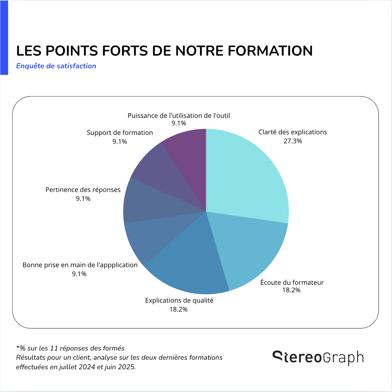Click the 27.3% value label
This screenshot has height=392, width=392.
293,141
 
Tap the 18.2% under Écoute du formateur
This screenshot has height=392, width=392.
291,290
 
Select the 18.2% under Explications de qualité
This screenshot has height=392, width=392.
178,309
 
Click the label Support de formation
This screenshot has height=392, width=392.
120,133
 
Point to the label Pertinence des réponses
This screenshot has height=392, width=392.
83,190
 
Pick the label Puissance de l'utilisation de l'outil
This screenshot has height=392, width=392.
179,116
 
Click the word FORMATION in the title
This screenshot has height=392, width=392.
270,51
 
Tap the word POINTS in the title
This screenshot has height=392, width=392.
72,51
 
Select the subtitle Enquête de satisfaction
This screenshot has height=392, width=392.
56,66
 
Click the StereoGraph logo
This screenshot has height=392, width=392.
318,358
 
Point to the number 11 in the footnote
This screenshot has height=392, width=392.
54,348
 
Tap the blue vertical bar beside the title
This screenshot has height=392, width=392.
4,37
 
